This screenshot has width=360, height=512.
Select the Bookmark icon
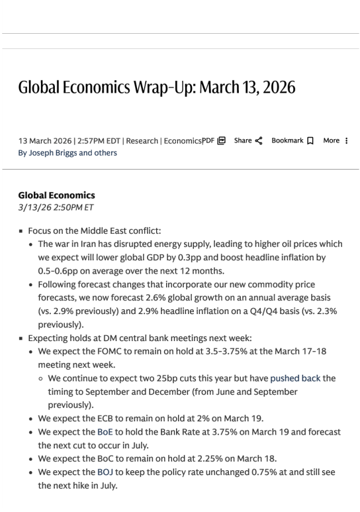point(309,140)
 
